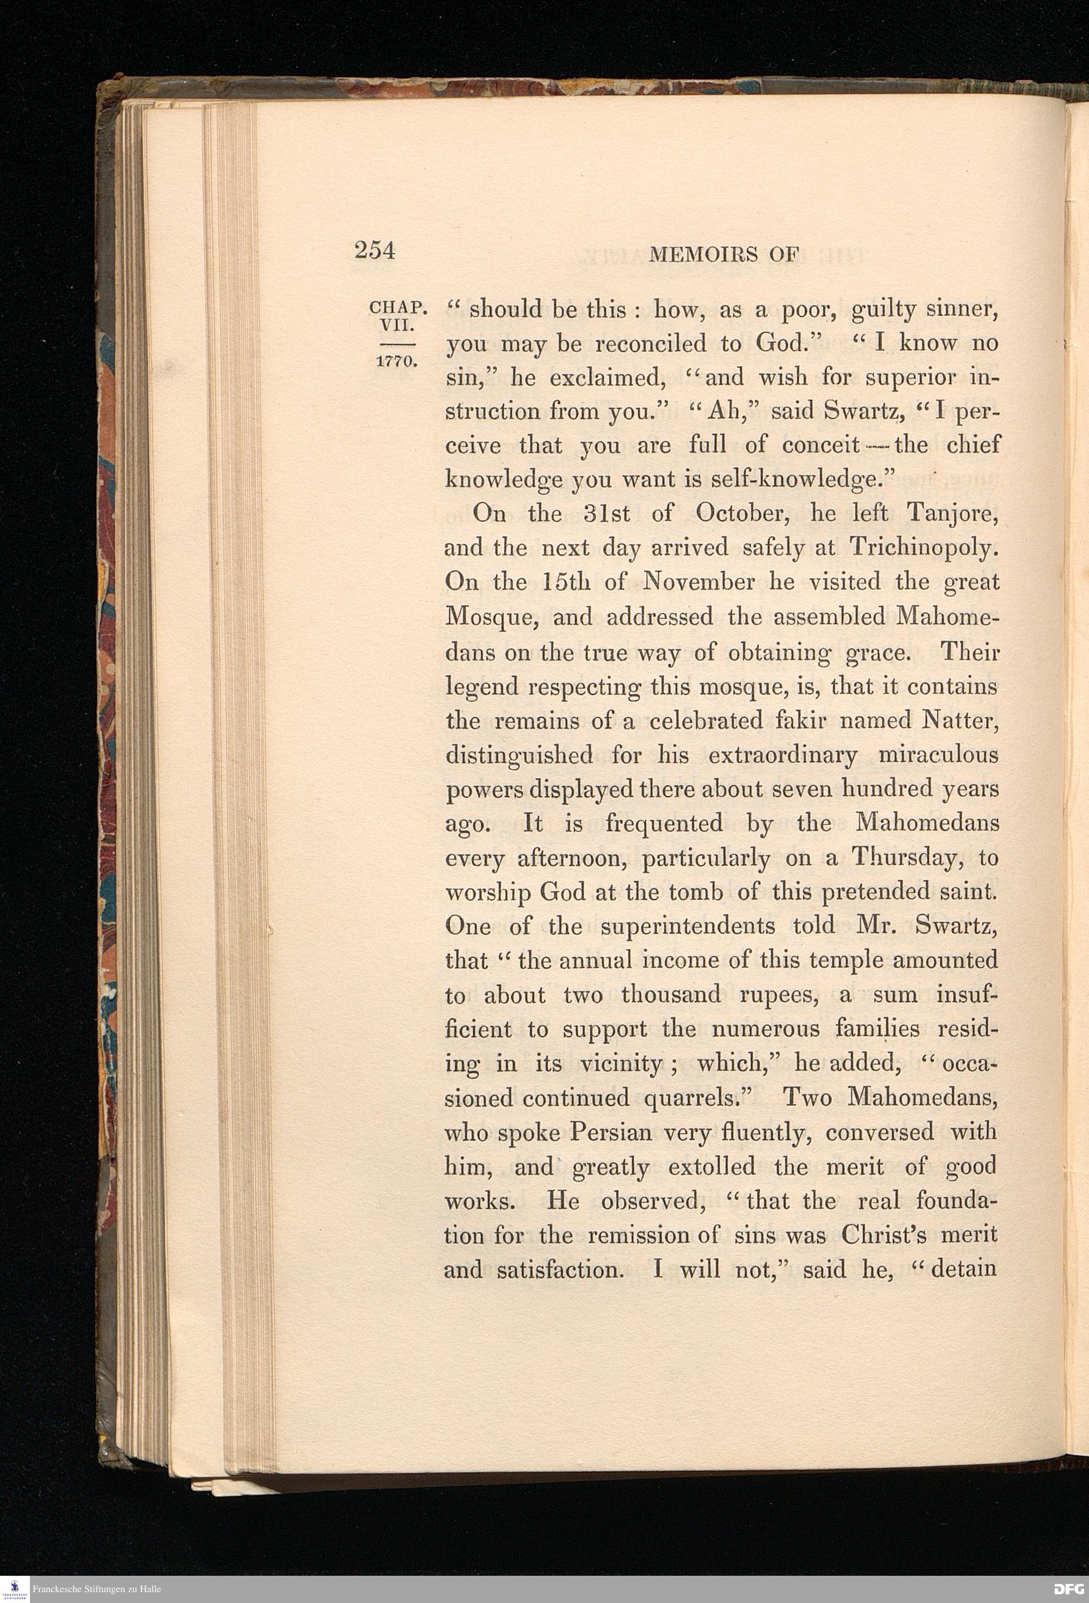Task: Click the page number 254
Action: coord(375,250)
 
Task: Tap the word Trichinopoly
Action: coord(924,548)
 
